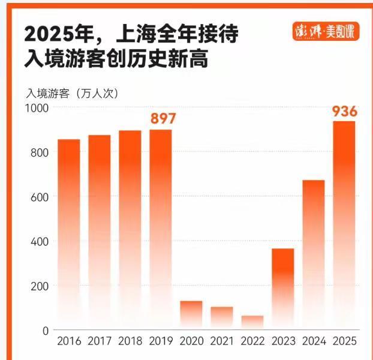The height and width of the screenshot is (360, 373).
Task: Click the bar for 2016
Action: point(68,234)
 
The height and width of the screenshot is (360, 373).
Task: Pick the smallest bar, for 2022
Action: point(252,323)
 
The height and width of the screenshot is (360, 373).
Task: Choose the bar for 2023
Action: point(283,288)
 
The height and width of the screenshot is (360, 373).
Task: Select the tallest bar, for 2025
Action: point(344,225)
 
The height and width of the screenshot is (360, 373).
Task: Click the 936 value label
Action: point(345,111)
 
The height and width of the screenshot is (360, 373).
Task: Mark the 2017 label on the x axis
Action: point(100,341)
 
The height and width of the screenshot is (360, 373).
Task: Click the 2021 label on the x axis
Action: point(222,341)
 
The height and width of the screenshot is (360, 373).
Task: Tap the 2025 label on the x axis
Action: point(344,341)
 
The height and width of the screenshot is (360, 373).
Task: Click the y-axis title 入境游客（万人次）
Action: point(72,93)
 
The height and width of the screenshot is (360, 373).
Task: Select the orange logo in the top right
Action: point(326,31)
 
